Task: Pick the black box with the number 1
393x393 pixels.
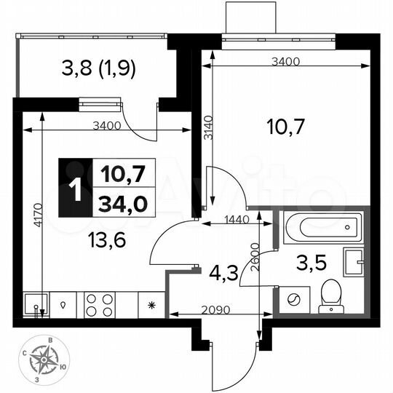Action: coord(75,188)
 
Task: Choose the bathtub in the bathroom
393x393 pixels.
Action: coord(321,229)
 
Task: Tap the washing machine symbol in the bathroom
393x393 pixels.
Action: coord(296,298)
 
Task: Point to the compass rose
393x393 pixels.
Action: coord(49,358)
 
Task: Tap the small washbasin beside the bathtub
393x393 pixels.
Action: coord(356,260)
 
